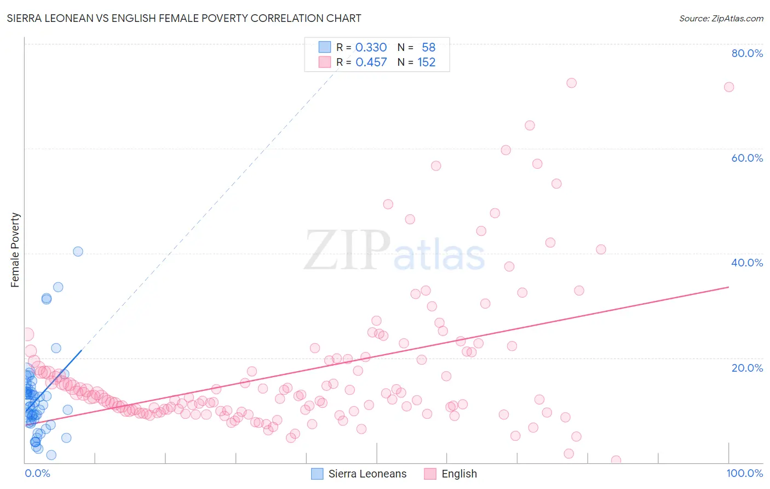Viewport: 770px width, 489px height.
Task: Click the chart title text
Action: pyautogui.click(x=184, y=18)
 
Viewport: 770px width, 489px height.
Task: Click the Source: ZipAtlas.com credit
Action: pyautogui.click(x=721, y=18)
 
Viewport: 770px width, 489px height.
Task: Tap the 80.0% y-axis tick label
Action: pyautogui.click(x=747, y=53)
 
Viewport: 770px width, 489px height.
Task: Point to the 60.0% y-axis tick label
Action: pyautogui.click(x=747, y=158)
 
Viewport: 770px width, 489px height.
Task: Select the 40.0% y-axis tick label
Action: pyautogui.click(x=747, y=263)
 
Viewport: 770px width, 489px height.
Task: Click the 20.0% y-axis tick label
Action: pyautogui.click(x=747, y=368)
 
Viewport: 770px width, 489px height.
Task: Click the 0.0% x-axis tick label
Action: pyautogui.click(x=37, y=473)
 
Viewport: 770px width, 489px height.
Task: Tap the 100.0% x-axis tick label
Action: pyautogui.click(x=744, y=473)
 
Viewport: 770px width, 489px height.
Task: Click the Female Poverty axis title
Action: pyautogui.click(x=15, y=250)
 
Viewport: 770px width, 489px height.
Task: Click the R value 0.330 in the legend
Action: pyautogui.click(x=371, y=48)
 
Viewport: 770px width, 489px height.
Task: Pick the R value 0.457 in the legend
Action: pyautogui.click(x=371, y=62)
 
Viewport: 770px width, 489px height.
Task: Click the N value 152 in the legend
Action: pyautogui.click(x=426, y=62)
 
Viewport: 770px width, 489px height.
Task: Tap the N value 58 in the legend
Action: pyautogui.click(x=428, y=48)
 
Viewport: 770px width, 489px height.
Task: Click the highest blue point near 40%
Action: pyautogui.click(x=78, y=252)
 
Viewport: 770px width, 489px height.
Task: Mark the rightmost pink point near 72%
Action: pyautogui.click(x=728, y=87)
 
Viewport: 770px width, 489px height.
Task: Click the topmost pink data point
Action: pyautogui.click(x=571, y=83)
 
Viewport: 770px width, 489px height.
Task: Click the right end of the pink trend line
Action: pyautogui.click(x=728, y=287)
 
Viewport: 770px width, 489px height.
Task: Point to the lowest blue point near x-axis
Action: pyautogui.click(x=51, y=455)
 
